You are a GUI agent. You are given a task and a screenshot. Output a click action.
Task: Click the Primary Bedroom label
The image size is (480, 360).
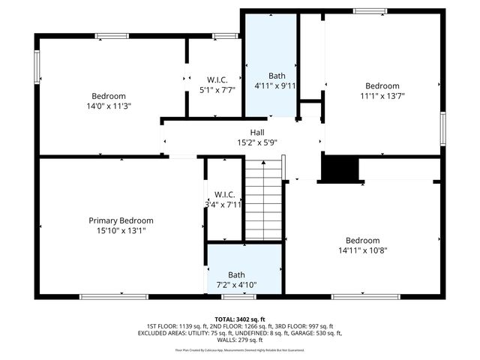[121, 220]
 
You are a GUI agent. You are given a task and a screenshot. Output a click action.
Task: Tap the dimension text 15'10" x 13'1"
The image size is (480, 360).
[121, 231]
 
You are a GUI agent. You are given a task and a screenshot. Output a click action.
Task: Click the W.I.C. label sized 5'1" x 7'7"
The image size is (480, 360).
[217, 79]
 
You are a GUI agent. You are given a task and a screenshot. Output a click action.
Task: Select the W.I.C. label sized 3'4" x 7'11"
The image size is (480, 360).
[224, 194]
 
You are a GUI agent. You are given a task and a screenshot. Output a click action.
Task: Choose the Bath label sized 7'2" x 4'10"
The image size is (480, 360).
[236, 275]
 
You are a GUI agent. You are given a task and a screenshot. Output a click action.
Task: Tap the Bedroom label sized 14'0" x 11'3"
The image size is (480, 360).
[109, 96]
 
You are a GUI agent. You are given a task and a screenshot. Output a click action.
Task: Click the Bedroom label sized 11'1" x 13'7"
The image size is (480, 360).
[382, 85]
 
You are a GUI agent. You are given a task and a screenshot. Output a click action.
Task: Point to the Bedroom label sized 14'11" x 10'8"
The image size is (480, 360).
[362, 241]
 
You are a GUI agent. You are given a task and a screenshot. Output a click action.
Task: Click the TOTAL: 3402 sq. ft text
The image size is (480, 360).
[240, 319]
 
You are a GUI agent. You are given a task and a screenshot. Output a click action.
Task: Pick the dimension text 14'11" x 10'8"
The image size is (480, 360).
[362, 251]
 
